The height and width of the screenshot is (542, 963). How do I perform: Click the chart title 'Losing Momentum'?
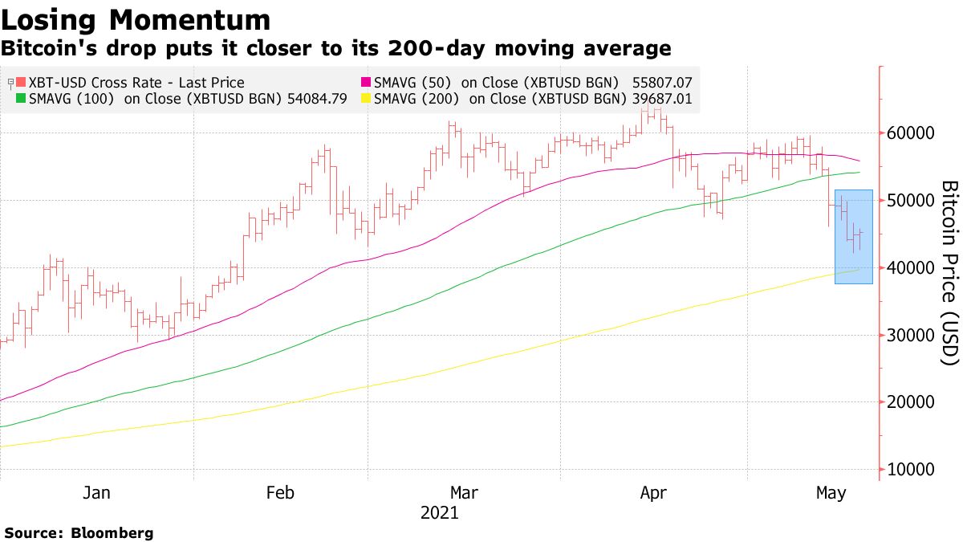point(136,19)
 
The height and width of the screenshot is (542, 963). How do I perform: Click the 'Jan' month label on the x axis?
point(96,493)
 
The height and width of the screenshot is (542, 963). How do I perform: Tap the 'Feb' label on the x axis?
point(280,493)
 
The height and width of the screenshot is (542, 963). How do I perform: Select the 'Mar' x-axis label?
point(465,493)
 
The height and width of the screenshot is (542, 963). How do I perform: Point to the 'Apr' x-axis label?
point(654,493)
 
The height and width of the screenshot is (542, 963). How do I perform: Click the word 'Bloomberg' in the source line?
point(112,532)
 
